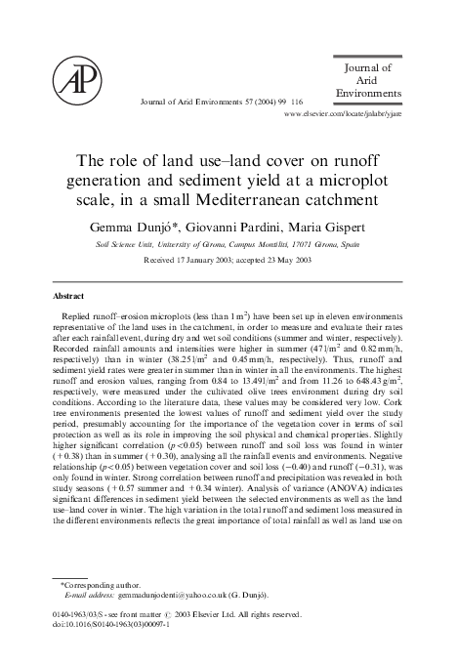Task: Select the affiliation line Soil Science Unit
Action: click(x=131, y=244)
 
